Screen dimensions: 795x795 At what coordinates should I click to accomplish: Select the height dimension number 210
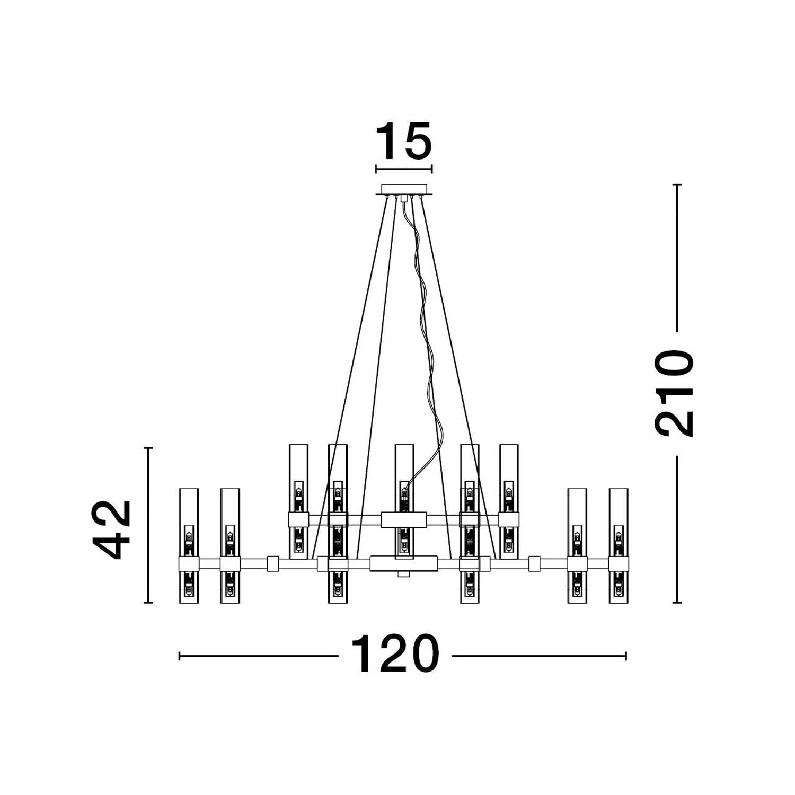[x=674, y=393]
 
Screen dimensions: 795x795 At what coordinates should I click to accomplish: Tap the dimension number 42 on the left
[x=112, y=529]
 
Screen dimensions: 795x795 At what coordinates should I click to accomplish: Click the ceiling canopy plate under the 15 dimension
[x=404, y=189]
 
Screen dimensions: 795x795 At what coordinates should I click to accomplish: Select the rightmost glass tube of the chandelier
[x=619, y=545]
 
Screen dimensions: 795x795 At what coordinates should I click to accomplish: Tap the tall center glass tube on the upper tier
[x=404, y=501]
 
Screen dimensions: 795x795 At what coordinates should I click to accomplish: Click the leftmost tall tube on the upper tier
[x=299, y=501]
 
